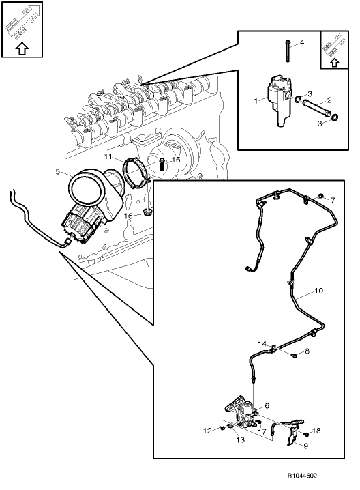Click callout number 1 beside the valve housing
255,101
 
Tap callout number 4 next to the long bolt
302,43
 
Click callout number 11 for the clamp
108,157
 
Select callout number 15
175,160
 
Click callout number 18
316,431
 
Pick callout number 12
207,431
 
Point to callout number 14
261,343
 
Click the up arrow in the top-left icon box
22,48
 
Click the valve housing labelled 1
278,100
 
